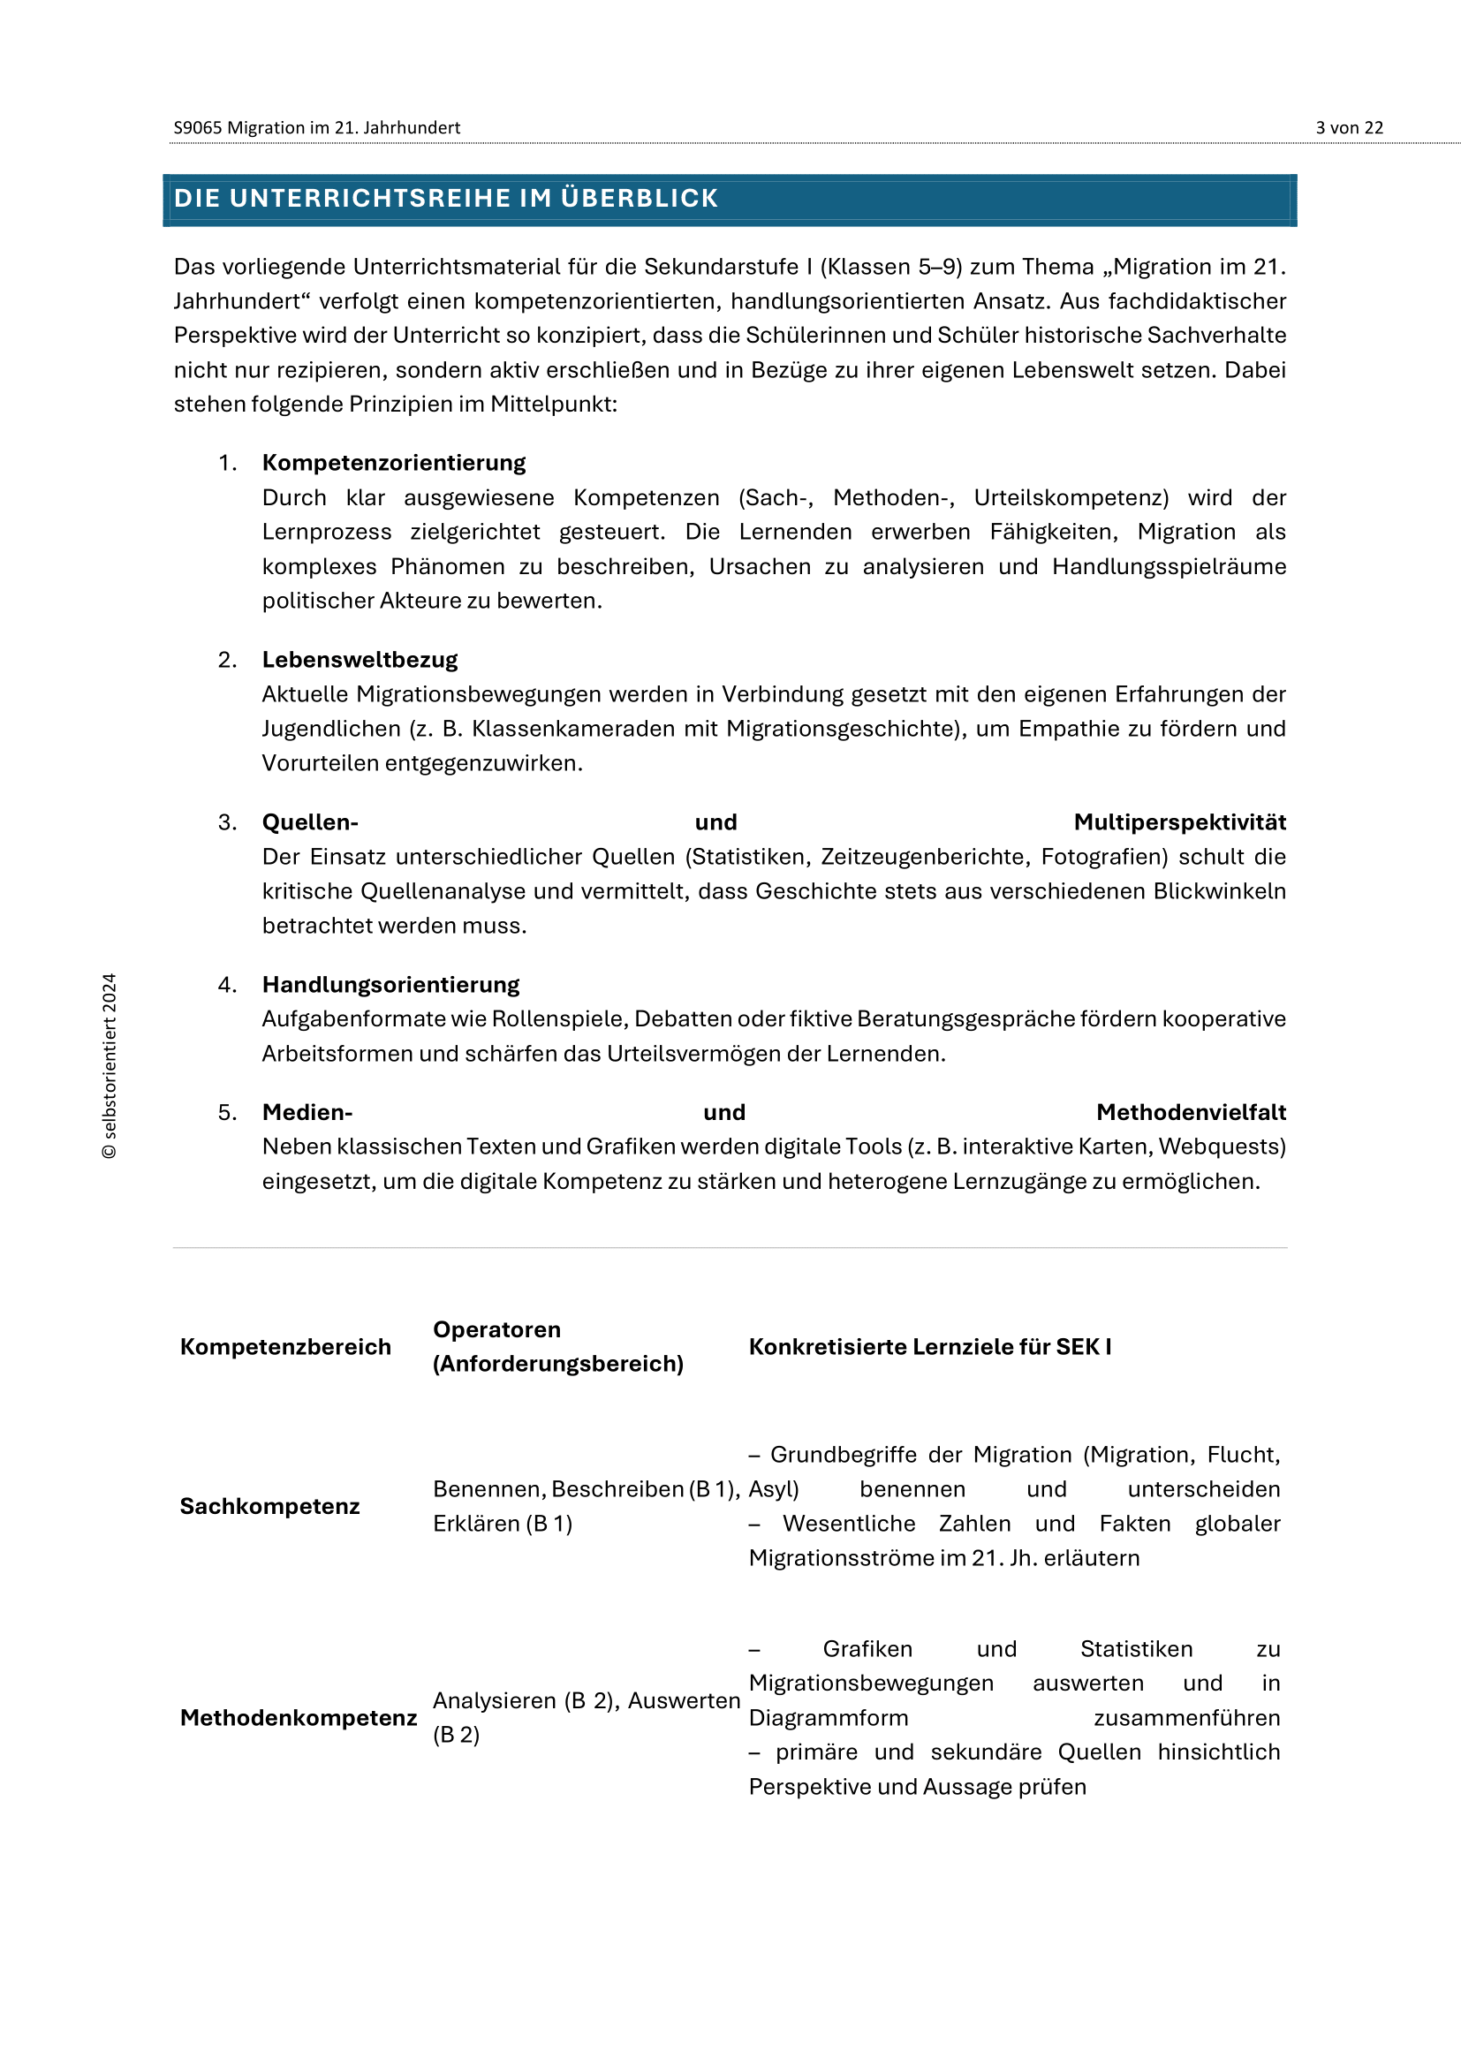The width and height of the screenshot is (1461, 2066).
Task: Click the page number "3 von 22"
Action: [1349, 128]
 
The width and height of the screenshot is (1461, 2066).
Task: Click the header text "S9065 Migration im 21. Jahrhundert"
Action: [317, 128]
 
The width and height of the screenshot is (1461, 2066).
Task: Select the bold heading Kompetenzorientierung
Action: [394, 463]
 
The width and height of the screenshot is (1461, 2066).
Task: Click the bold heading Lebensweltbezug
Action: [360, 660]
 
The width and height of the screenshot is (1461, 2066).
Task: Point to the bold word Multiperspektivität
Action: [1179, 821]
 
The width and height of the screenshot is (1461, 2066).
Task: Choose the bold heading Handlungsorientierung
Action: [390, 984]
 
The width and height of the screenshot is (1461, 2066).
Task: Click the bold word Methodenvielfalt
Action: [1190, 1112]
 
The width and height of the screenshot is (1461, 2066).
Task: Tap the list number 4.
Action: [227, 984]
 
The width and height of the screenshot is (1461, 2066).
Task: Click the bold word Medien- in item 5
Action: [307, 1112]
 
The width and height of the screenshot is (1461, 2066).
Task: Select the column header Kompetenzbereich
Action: [285, 1346]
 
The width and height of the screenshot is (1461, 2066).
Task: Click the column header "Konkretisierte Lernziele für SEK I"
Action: [929, 1346]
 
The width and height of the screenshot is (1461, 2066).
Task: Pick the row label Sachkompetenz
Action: [269, 1505]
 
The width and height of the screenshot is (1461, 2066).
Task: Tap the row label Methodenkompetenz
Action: [298, 1717]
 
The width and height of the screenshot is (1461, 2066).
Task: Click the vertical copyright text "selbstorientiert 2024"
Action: [110, 1065]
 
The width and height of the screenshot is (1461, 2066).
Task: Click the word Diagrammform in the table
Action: [828, 1717]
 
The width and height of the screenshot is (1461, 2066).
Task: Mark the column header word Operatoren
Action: [496, 1329]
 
